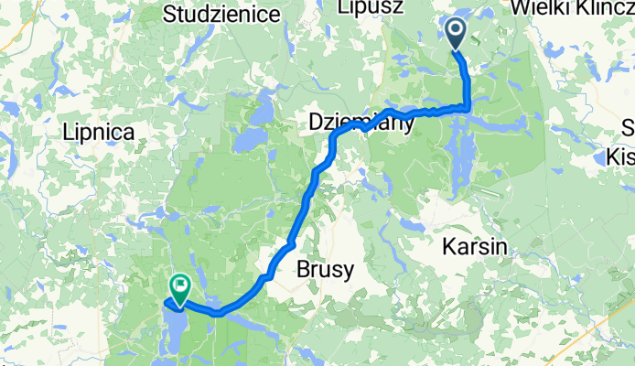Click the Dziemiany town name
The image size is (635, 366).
point(361,121)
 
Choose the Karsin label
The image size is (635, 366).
point(475,245)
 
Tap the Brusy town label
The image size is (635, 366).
point(324,270)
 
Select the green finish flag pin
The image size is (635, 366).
point(178,290)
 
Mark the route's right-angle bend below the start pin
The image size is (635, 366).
point(468,108)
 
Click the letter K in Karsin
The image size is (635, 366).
point(448,245)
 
